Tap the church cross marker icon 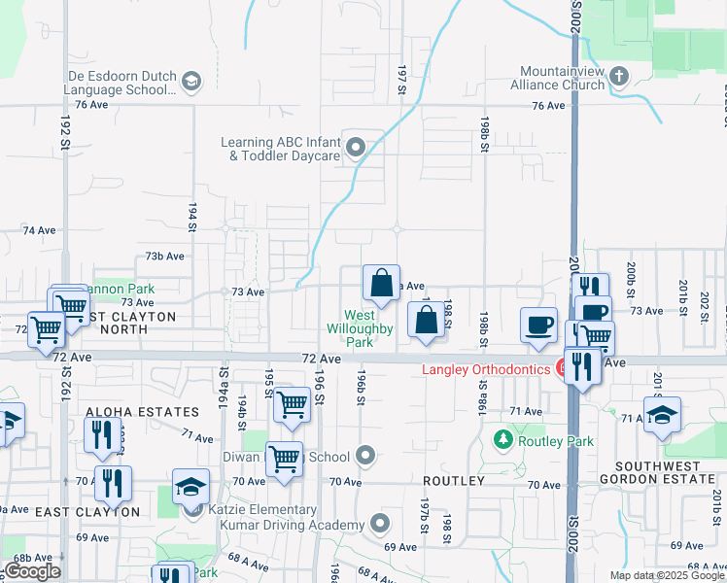(x=620, y=75)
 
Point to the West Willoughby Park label (x=360, y=328)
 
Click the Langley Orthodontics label (x=484, y=369)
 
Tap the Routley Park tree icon (x=502, y=440)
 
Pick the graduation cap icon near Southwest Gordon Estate (x=662, y=414)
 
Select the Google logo (x=32, y=571)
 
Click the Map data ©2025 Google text (x=667, y=575)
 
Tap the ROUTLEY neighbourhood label (x=453, y=481)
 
